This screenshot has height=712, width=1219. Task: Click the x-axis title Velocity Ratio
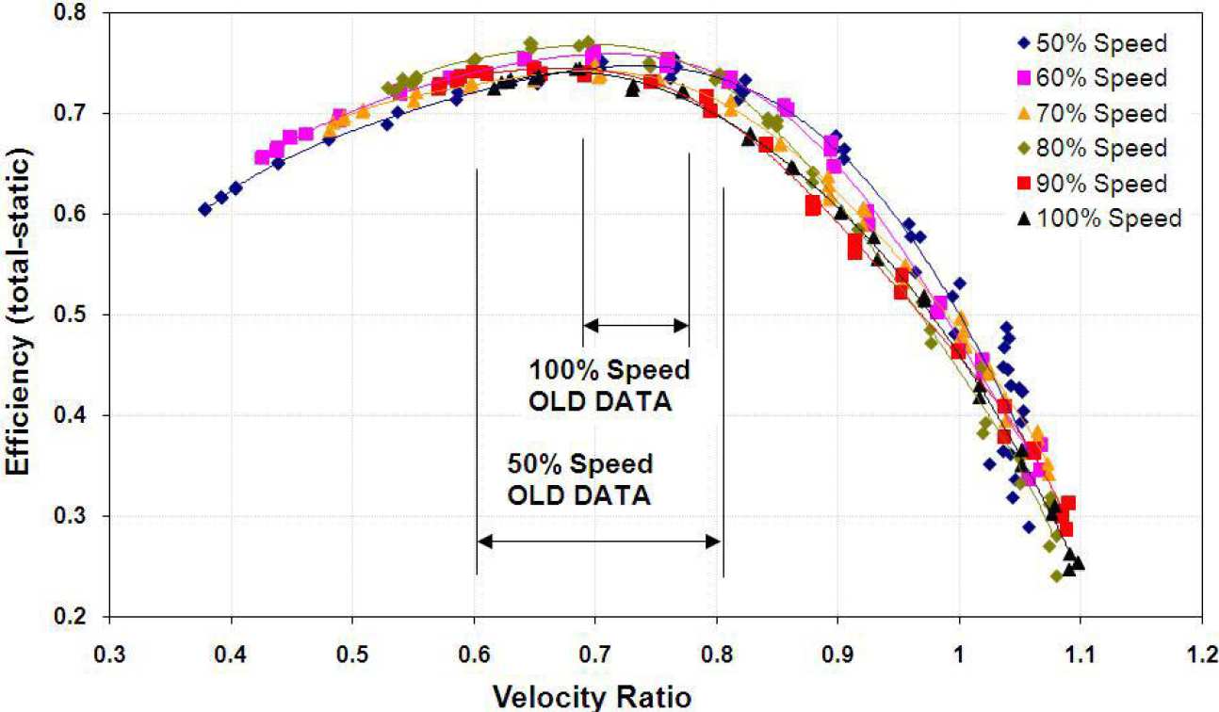[610, 696]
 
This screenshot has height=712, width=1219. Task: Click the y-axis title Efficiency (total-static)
[19, 315]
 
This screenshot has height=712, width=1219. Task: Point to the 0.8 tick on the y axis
[82, 13]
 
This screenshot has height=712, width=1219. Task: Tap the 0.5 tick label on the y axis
[82, 315]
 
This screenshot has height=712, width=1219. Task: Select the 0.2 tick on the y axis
[82, 617]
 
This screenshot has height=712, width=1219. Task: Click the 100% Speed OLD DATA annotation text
[609, 383]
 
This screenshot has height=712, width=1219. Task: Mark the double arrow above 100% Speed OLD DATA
[637, 326]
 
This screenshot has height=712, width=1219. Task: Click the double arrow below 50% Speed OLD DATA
[599, 541]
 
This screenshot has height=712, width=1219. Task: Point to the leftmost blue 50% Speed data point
[204, 209]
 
